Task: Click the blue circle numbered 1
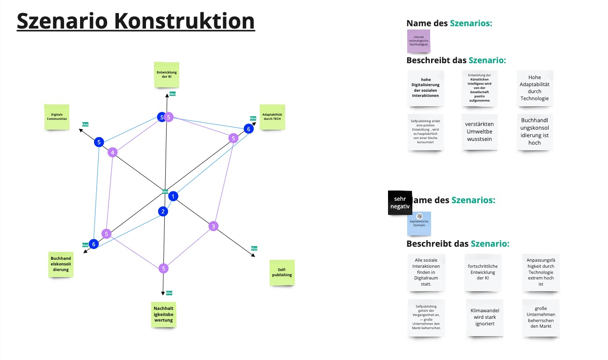pos(173,196)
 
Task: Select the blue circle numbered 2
pos(163,212)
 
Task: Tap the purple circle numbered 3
pos(213,227)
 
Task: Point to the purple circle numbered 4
pos(112,152)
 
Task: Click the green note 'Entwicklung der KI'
pos(167,74)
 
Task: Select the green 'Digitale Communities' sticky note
pos(57,117)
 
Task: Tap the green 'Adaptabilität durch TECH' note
pos(272,117)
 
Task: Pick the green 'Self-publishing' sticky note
pos(282,272)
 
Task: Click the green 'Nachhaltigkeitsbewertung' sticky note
pos(163,314)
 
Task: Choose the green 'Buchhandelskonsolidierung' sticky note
pos(61,264)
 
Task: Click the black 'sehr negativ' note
pos(400,202)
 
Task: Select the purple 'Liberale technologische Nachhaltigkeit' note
pos(418,41)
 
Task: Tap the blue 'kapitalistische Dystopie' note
pos(419,223)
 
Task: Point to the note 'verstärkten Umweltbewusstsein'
pos(479,132)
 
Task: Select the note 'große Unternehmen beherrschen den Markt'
pos(541,317)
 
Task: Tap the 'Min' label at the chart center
pos(165,191)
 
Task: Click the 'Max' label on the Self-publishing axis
pos(254,248)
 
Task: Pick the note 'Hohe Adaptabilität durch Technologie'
pos(535,88)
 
